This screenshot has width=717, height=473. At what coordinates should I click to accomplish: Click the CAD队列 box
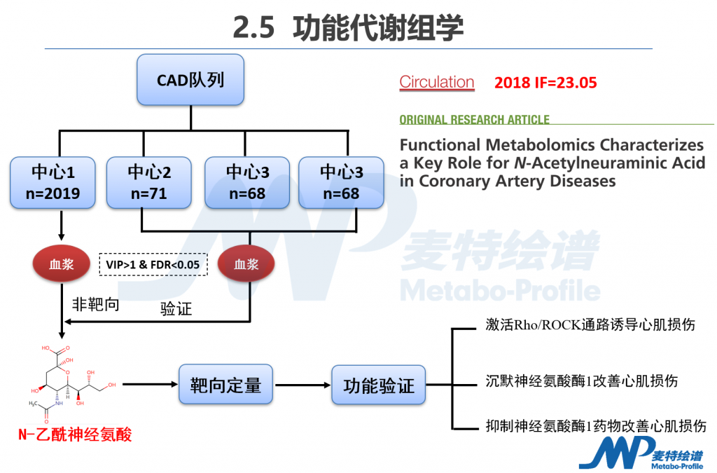190,80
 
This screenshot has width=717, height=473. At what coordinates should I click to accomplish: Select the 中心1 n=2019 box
53,182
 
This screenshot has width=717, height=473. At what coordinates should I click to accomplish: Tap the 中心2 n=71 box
148,182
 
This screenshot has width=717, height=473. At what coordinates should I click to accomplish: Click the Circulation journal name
436,82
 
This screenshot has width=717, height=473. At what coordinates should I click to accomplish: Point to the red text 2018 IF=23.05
545,83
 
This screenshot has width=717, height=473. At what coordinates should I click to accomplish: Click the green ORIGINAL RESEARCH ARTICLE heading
474,120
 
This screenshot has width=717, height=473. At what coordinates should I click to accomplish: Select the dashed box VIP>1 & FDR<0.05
153,264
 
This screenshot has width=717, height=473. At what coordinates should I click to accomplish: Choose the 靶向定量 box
225,384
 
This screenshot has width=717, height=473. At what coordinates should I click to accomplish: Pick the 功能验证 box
378,385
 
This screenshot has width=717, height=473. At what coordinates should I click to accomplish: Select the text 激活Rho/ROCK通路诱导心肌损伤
590,325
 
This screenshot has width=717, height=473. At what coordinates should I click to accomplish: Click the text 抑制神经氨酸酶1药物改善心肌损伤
595,425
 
